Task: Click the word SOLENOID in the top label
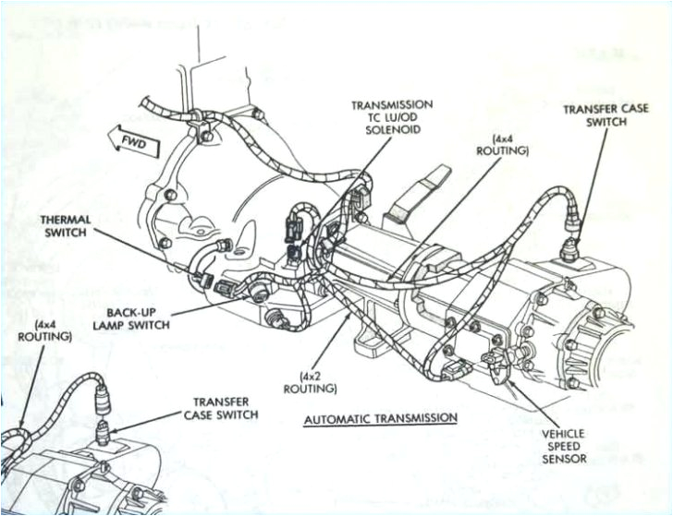click(392, 131)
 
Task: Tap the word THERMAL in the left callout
click(63, 219)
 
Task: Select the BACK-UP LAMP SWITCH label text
click(137, 318)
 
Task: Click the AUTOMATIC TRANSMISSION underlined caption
click(380, 418)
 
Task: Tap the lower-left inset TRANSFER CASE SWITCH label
click(221, 408)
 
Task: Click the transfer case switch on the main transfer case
click(571, 245)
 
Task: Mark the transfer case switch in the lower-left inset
click(104, 426)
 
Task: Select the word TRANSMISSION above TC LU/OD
click(392, 105)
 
